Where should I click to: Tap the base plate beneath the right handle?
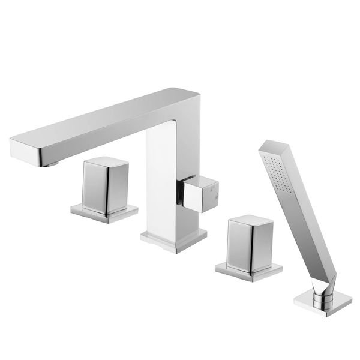249,271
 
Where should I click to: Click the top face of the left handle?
107,162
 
